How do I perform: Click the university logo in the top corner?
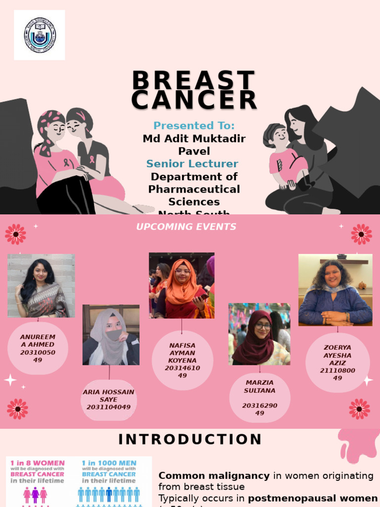point(40,35)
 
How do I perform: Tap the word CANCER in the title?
point(194,100)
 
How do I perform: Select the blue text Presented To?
point(194,126)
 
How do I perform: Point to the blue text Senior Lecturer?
point(192,164)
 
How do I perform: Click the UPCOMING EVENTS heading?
point(186,227)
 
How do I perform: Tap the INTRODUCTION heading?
point(190,439)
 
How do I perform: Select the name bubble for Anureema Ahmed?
point(38,348)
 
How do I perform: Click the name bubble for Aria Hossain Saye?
point(108,400)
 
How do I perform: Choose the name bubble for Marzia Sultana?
point(260,398)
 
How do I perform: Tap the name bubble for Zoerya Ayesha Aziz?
point(337,363)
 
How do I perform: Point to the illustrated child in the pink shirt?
point(286,158)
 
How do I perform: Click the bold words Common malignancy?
point(214,476)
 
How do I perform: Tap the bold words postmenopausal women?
point(313,498)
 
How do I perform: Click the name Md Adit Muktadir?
point(194,139)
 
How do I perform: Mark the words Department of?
point(194,177)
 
